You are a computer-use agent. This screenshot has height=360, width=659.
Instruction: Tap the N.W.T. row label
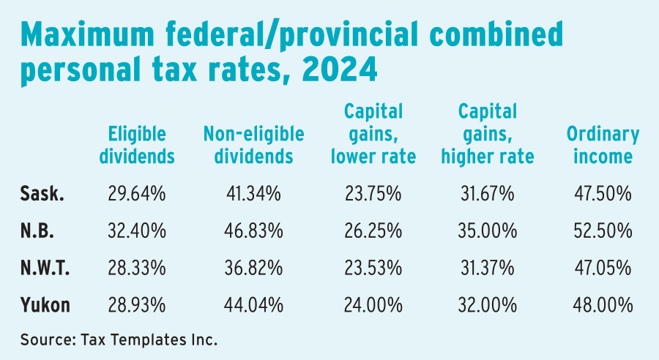pos(45,268)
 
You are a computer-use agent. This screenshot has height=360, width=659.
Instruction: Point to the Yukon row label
pos(45,304)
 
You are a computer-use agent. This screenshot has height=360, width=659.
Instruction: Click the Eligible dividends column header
pos(138,145)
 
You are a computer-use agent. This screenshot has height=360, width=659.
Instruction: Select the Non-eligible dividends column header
pos(253,145)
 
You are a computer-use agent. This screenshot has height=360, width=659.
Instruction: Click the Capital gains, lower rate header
pos(374,134)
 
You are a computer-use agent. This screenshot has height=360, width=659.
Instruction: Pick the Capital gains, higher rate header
pos(488,134)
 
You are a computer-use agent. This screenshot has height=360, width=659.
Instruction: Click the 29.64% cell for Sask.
pos(138,194)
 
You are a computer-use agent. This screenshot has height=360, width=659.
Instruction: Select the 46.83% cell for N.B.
pos(253,230)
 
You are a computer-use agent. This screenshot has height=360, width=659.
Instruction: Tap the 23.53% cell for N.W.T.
pos(374,268)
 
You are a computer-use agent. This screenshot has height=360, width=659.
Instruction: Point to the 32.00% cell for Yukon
pos(488,304)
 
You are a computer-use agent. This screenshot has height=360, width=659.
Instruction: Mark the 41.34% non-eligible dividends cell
pos(253,194)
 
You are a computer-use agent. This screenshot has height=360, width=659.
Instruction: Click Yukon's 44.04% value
pos(253,304)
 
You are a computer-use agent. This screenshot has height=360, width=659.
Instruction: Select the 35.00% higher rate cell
pos(488,230)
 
